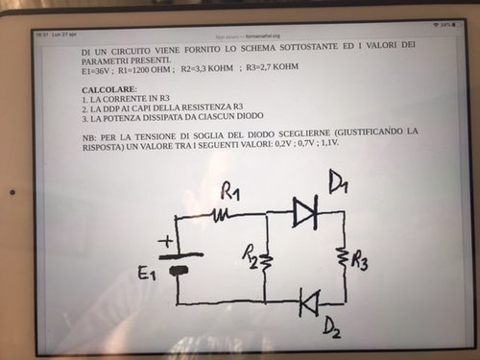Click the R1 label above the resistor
point(230,189)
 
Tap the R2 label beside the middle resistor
point(249,254)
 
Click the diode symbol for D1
point(305,211)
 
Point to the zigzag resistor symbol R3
point(341,257)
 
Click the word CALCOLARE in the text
point(109,89)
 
